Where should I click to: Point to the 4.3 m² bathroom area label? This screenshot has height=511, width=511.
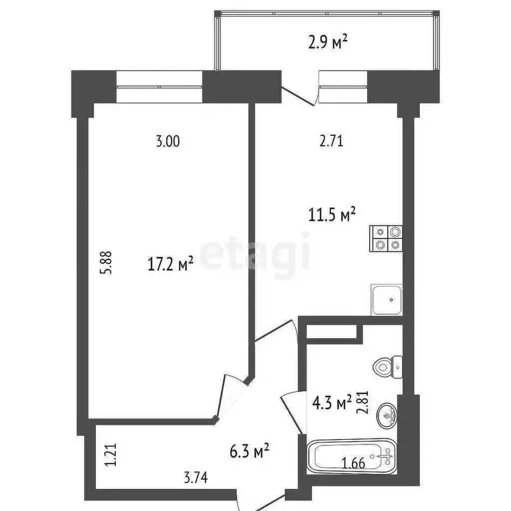click(x=332, y=403)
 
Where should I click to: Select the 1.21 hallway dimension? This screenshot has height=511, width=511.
click(x=102, y=458)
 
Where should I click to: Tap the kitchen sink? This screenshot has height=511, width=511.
click(x=386, y=300)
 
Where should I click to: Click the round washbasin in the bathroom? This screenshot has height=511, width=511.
click(x=387, y=416)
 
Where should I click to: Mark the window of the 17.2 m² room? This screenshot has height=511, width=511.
click(x=159, y=86)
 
